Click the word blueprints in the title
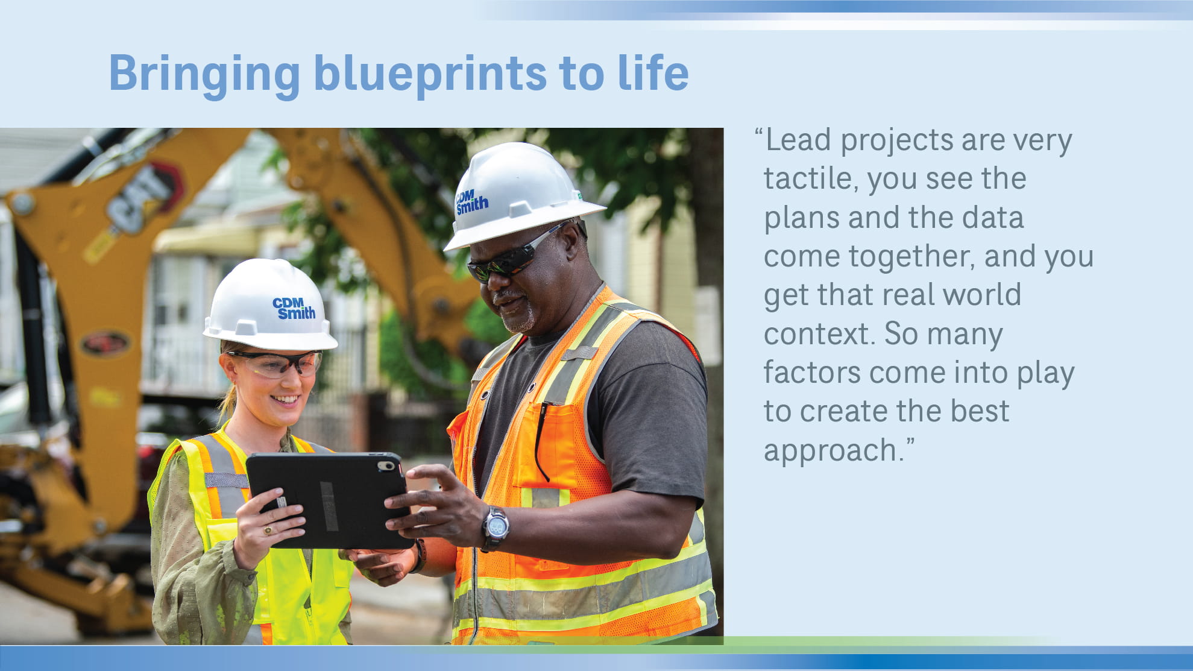(430, 74)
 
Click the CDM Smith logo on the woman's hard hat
(294, 308)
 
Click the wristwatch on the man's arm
(496, 528)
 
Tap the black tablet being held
(329, 500)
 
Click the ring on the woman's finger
(268, 531)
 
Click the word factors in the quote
(811, 373)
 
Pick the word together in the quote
(910, 256)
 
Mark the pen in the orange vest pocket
(540, 440)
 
